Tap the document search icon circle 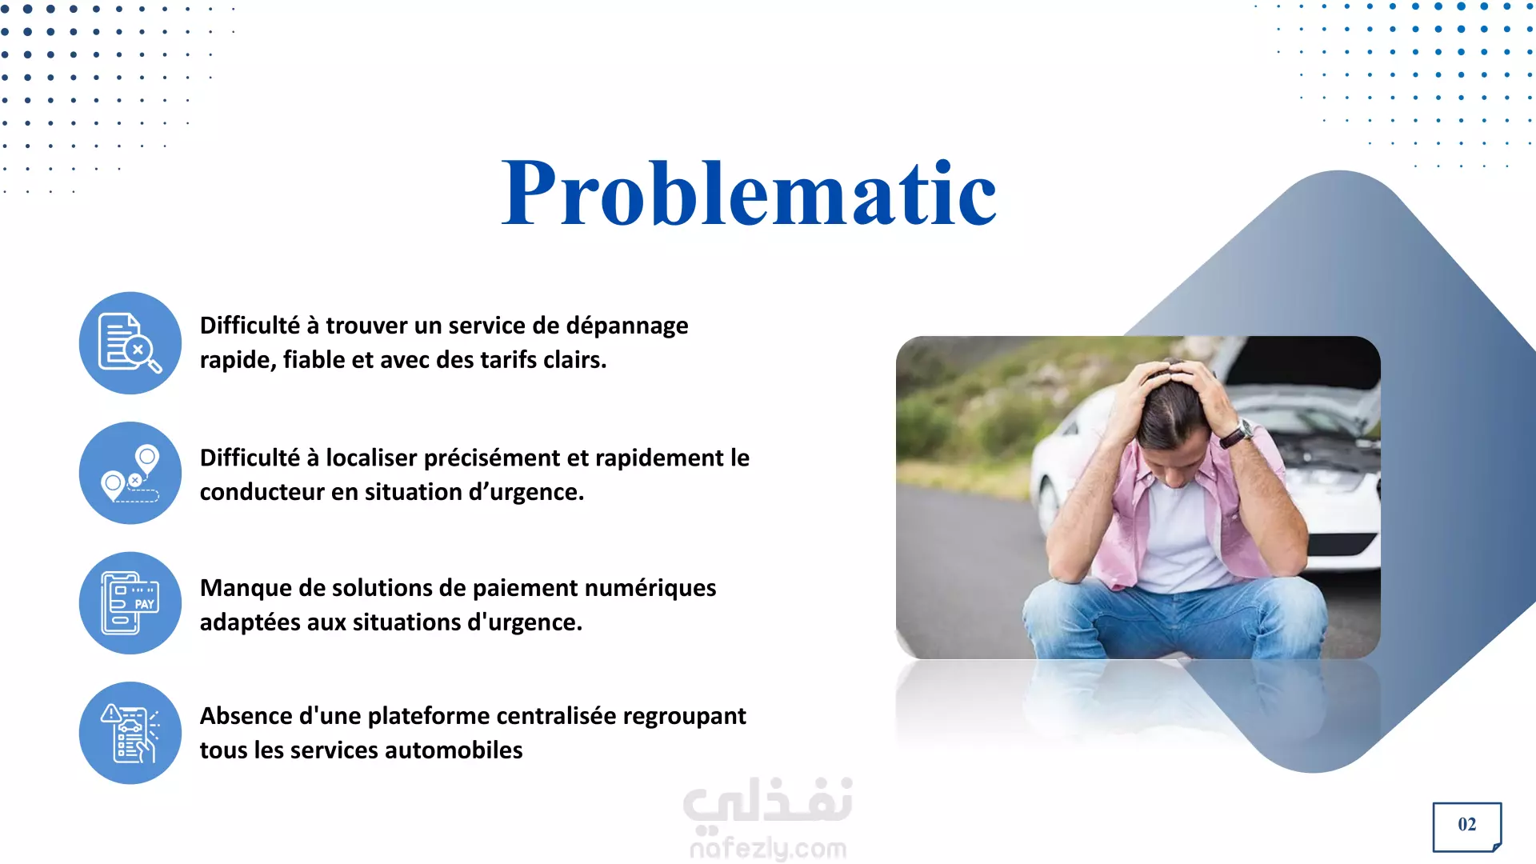(130, 342)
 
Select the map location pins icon (130, 473)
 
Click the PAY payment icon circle (130, 603)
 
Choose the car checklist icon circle (130, 733)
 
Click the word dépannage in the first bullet (627, 326)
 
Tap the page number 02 (1467, 825)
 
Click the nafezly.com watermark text (768, 848)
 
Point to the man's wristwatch (1237, 433)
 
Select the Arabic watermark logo (768, 802)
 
